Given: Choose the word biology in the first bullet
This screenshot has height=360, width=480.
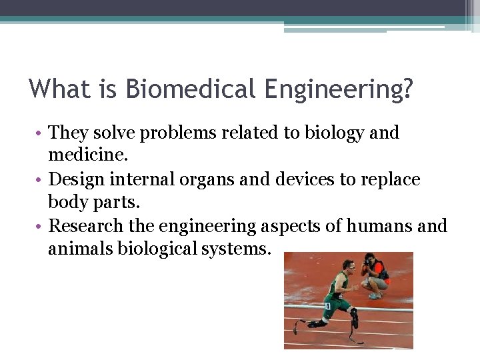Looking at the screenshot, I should point(331,133).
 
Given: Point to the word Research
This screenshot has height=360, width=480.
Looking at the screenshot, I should point(87,226).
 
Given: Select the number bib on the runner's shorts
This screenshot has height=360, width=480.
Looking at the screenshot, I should point(327,306).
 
